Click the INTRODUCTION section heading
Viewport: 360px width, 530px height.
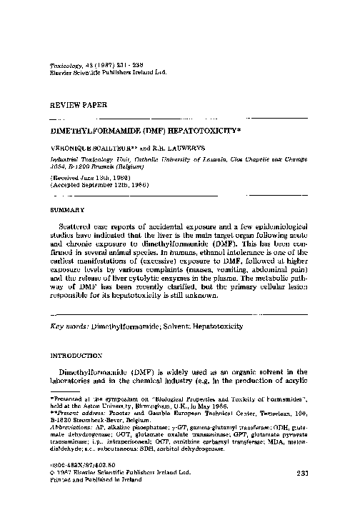click(x=76, y=354)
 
